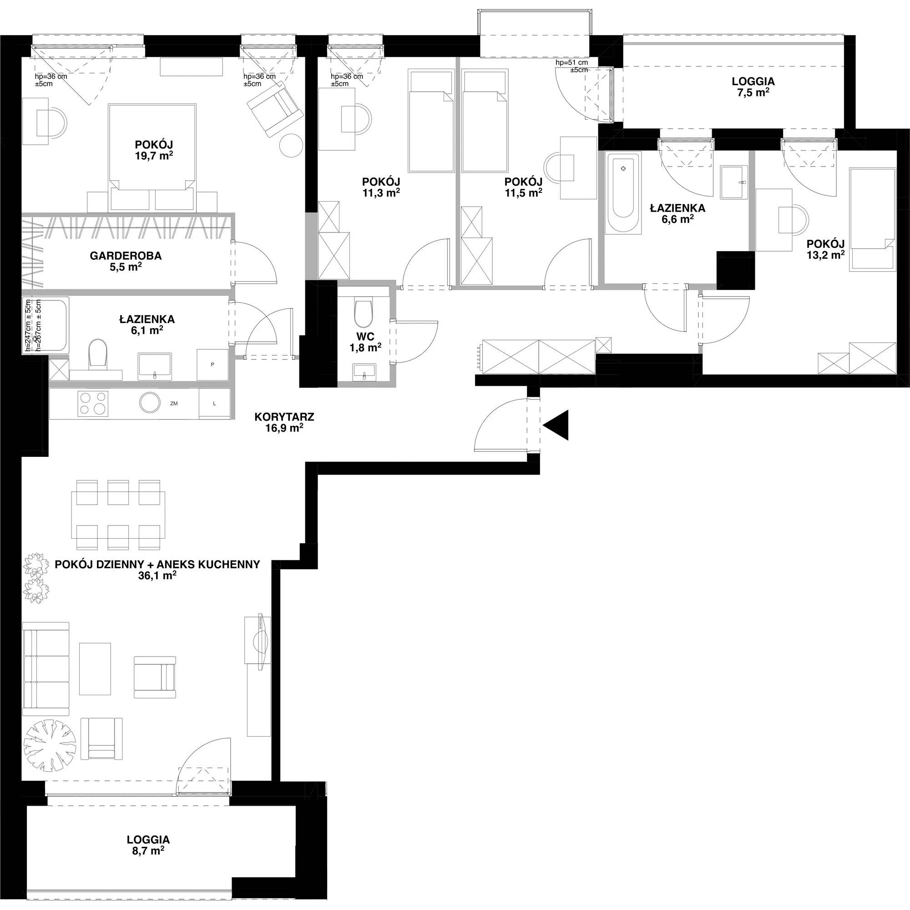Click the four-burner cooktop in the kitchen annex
tap(93, 404)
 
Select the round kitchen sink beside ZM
tap(152, 403)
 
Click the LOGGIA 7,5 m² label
tap(753, 86)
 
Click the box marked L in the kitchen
tap(215, 403)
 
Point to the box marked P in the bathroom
tap(212, 364)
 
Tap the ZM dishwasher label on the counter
tap(174, 404)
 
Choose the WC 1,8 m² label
tap(365, 342)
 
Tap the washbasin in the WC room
tap(364, 371)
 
